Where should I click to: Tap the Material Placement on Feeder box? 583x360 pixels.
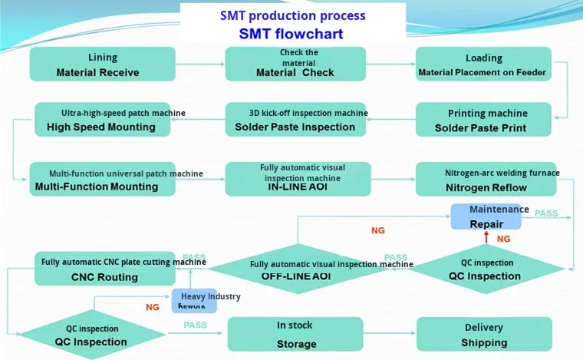pyautogui.click(x=483, y=64)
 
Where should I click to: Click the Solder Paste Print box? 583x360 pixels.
pyautogui.click(x=483, y=120)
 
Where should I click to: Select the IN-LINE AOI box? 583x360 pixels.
pyautogui.click(x=298, y=179)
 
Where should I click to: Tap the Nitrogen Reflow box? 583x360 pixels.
pyautogui.click(x=483, y=179)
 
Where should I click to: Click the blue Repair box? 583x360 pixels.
pyautogui.click(x=486, y=217)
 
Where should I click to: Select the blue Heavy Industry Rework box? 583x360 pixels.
pyautogui.click(x=195, y=301)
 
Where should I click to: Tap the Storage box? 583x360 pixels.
pyautogui.click(x=295, y=335)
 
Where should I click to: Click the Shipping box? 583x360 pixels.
pyautogui.click(x=483, y=335)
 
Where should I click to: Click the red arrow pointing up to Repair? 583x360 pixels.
pyautogui.click(x=486, y=238)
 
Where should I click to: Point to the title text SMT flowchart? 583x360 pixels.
pyautogui.click(x=291, y=34)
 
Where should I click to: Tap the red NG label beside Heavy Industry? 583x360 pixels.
pyautogui.click(x=153, y=307)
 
